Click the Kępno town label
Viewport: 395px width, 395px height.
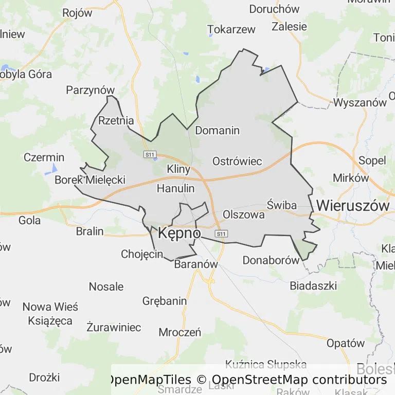[x=179, y=234]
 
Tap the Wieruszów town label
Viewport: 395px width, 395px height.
[x=353, y=205]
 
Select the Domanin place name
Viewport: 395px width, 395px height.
[x=217, y=131]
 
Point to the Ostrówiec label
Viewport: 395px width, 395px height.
[x=237, y=161]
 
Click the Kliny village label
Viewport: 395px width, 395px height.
[x=178, y=169]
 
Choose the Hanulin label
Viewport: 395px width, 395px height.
[x=175, y=188]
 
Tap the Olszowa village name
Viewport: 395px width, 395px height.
[x=244, y=214]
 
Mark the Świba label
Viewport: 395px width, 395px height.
[x=282, y=206]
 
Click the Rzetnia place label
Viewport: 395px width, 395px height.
[x=116, y=121]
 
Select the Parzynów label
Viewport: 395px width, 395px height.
[x=90, y=91]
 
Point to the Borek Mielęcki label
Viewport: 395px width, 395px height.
[x=90, y=180]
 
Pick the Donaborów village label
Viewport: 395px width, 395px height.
[x=271, y=260]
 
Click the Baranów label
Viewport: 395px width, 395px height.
[x=196, y=264]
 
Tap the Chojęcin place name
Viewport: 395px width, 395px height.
[x=142, y=254]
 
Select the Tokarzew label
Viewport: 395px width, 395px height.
[x=231, y=29]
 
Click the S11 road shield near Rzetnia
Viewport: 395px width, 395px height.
[x=150, y=154]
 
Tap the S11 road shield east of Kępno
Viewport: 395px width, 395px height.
[x=221, y=234]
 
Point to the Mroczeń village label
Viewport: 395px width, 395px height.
[x=179, y=332]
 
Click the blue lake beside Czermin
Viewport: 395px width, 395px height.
[x=54, y=168]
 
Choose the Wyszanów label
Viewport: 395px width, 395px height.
[x=360, y=102]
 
